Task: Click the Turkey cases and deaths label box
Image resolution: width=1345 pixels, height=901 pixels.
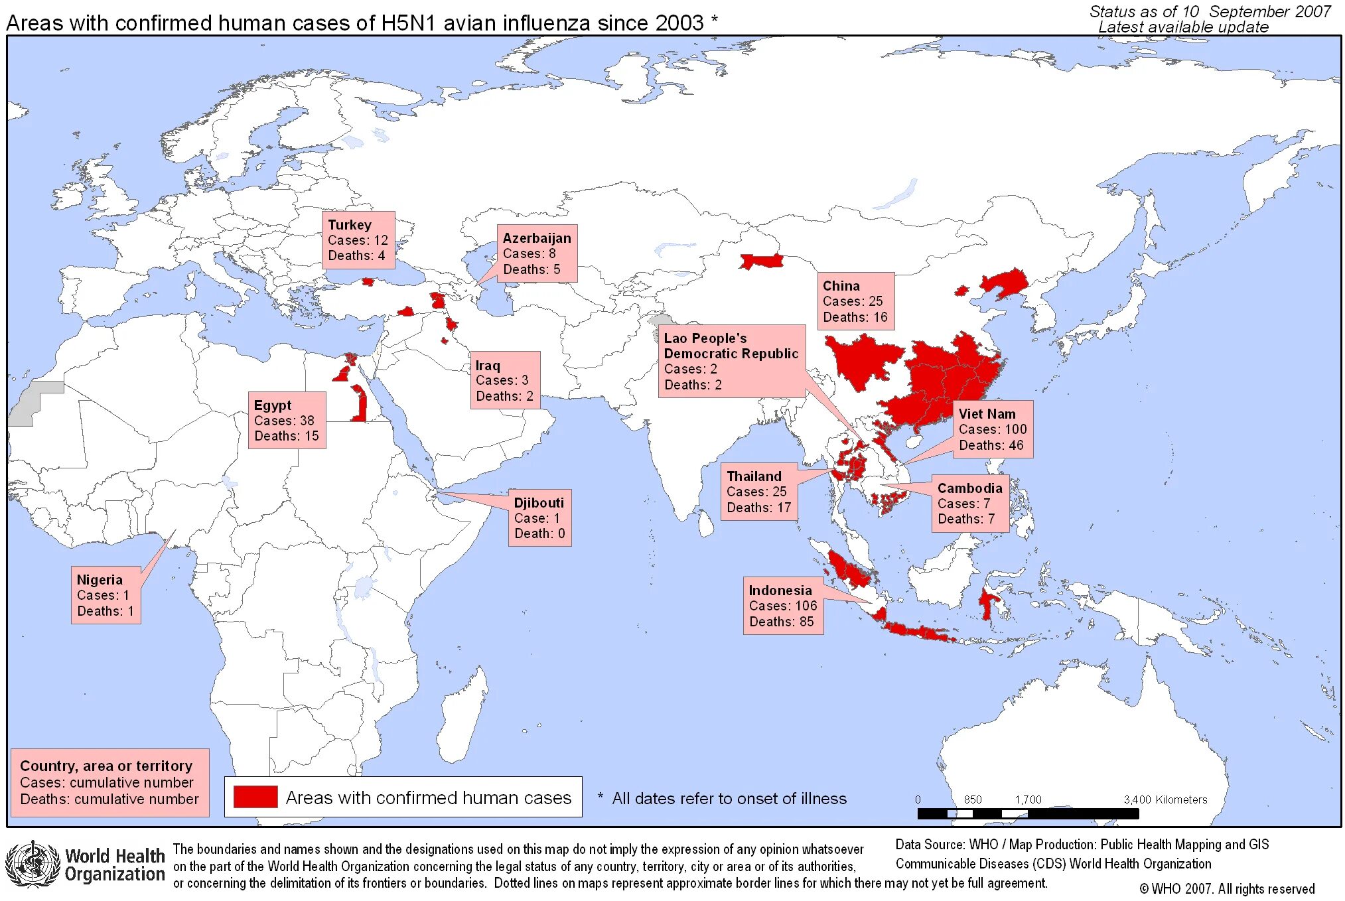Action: tap(358, 240)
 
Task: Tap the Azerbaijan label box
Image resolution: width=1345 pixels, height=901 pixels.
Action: tap(537, 253)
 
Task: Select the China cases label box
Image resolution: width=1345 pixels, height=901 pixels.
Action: tap(855, 301)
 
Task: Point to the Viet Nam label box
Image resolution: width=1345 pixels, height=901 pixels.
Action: tap(993, 429)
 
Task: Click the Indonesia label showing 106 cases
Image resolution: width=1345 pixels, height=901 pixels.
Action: tap(783, 606)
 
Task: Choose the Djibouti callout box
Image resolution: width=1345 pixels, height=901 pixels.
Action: tap(539, 518)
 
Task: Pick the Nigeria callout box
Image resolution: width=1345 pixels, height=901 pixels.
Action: tap(106, 595)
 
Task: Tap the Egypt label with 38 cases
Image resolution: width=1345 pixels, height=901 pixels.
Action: tap(287, 421)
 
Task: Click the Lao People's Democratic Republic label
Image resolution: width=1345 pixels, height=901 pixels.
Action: tap(731, 361)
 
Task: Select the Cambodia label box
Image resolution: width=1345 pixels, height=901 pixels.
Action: tap(969, 504)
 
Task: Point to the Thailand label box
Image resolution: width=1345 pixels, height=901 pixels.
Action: tap(759, 492)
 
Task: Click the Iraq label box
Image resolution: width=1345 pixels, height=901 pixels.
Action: tap(505, 380)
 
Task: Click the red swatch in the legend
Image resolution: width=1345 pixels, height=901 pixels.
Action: tap(255, 797)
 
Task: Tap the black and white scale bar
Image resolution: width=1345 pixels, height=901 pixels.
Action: tap(1028, 813)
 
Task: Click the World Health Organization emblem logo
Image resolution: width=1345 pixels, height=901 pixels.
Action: tap(32, 863)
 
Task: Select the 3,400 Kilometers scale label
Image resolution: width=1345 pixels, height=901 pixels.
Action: tap(1165, 799)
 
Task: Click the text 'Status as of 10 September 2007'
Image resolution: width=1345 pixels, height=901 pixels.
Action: tap(1210, 11)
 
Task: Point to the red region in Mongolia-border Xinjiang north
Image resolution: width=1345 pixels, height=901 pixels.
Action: tap(762, 261)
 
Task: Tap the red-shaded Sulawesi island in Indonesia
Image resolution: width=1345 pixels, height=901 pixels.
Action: tap(987, 602)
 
